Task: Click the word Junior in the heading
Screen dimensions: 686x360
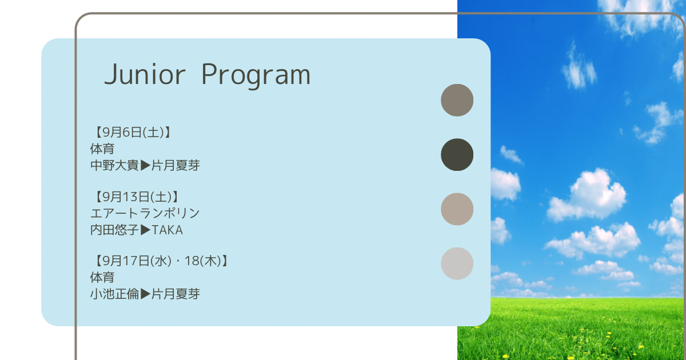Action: pyautogui.click(x=145, y=74)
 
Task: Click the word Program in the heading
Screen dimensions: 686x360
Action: pyautogui.click(x=256, y=76)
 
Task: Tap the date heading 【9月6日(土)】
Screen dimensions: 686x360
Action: pyautogui.click(x=132, y=132)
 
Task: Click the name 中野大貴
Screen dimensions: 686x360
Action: pyautogui.click(x=114, y=165)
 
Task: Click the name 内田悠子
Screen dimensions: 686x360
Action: pyautogui.click(x=114, y=230)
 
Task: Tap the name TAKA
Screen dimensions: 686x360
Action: pyautogui.click(x=167, y=230)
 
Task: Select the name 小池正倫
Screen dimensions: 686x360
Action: pyautogui.click(x=114, y=294)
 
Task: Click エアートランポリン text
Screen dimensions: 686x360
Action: pyautogui.click(x=145, y=213)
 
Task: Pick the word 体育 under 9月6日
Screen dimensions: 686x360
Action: pyautogui.click(x=102, y=149)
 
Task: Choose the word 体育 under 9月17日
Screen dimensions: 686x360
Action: pyautogui.click(x=102, y=277)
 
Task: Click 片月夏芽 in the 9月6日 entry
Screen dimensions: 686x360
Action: pyautogui.click(x=176, y=165)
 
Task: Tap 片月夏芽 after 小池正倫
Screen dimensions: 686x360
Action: pyautogui.click(x=176, y=294)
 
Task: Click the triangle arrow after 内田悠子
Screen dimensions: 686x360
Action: pyautogui.click(x=145, y=230)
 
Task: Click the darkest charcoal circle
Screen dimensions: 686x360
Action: pyautogui.click(x=457, y=155)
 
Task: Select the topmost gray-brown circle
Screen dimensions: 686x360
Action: pyautogui.click(x=457, y=100)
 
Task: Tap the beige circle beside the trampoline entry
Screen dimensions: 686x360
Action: pyautogui.click(x=457, y=209)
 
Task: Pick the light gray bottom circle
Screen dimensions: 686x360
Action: pyautogui.click(x=457, y=263)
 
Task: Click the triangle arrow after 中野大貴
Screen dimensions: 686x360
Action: pyautogui.click(x=145, y=165)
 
